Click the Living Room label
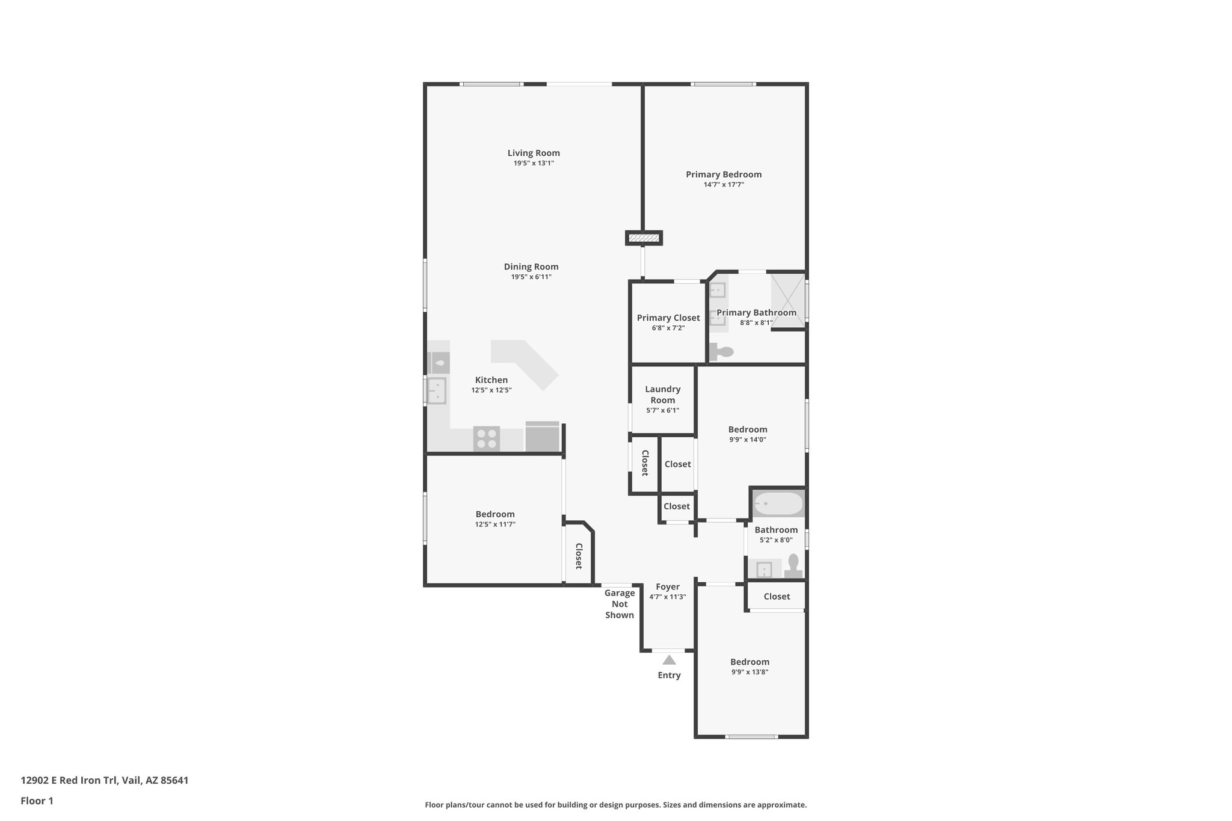[x=533, y=153]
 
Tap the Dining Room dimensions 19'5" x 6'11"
[x=531, y=277]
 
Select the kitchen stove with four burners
[x=486, y=438]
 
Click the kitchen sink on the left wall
[x=436, y=390]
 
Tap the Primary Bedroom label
[x=724, y=174]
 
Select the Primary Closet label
[x=668, y=318]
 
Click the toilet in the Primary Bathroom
[x=722, y=352]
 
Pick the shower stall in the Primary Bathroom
[x=787, y=300]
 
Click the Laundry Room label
[x=662, y=395]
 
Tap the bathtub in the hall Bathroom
[x=778, y=503]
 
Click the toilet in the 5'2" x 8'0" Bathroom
[x=793, y=566]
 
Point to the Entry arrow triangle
[x=669, y=660]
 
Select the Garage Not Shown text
[x=619, y=604]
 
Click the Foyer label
[x=667, y=587]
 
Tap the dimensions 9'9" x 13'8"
[x=750, y=672]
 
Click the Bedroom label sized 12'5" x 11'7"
[x=494, y=514]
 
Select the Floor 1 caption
[x=37, y=801]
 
